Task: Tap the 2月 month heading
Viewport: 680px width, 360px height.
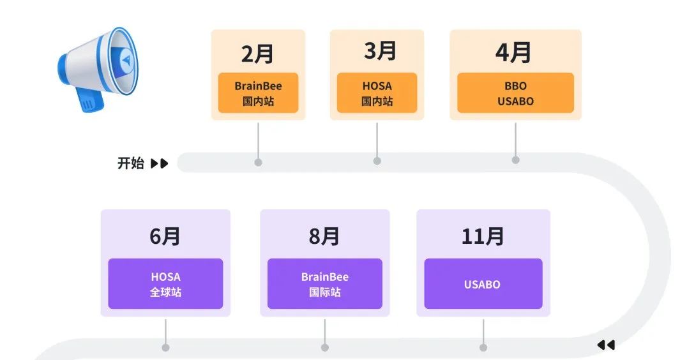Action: [258, 54]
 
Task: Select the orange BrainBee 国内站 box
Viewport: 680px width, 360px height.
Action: [258, 93]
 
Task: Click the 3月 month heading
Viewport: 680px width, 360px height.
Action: [380, 51]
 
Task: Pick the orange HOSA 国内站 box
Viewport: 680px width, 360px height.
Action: [377, 93]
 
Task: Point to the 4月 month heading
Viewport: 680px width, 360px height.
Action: [514, 53]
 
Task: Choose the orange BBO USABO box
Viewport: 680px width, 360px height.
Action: [515, 93]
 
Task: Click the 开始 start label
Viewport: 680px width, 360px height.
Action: [130, 163]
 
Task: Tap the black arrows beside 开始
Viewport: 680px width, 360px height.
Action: [159, 163]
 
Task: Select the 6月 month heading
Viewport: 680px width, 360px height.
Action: [165, 236]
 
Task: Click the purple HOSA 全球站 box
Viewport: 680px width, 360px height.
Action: [165, 284]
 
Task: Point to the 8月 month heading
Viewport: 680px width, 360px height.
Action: [324, 236]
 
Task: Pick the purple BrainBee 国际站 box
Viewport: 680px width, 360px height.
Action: [324, 284]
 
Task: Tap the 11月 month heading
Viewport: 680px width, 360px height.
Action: [483, 236]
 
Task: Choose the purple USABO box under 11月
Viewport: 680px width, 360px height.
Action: [483, 284]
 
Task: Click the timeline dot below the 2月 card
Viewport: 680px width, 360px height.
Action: [258, 162]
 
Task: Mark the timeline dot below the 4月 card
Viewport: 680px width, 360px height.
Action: [515, 160]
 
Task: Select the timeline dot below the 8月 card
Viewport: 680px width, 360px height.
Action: [324, 347]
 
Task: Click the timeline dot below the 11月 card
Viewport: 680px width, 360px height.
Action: [483, 347]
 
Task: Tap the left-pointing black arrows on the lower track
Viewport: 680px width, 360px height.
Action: [605, 345]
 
